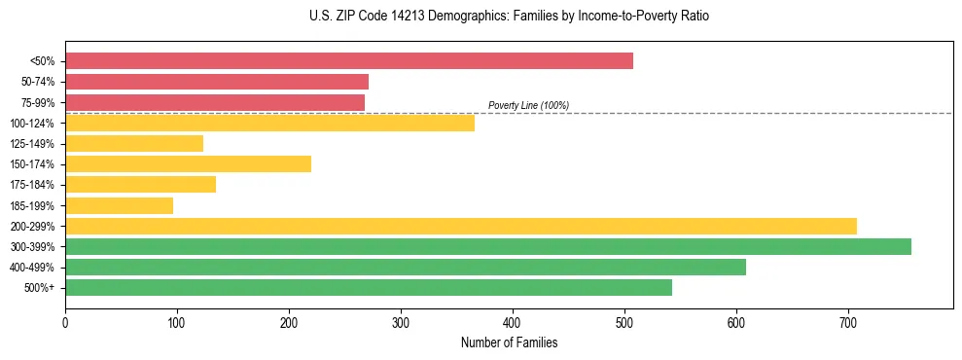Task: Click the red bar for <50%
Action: pyautogui.click(x=348, y=61)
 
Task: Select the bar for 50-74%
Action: pyautogui.click(x=216, y=82)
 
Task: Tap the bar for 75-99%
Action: pyautogui.click(x=214, y=102)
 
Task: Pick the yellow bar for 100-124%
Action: pyautogui.click(x=269, y=123)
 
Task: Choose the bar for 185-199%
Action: pyautogui.click(x=119, y=205)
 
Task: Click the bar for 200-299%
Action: pyautogui.click(x=460, y=226)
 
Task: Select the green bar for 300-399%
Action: pyautogui.click(x=487, y=246)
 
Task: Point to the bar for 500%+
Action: pyautogui.click(x=368, y=287)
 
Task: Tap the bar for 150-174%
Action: pyautogui.click(x=188, y=163)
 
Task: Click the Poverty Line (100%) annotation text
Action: pyautogui.click(x=528, y=105)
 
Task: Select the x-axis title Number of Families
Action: pyautogui.click(x=509, y=342)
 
